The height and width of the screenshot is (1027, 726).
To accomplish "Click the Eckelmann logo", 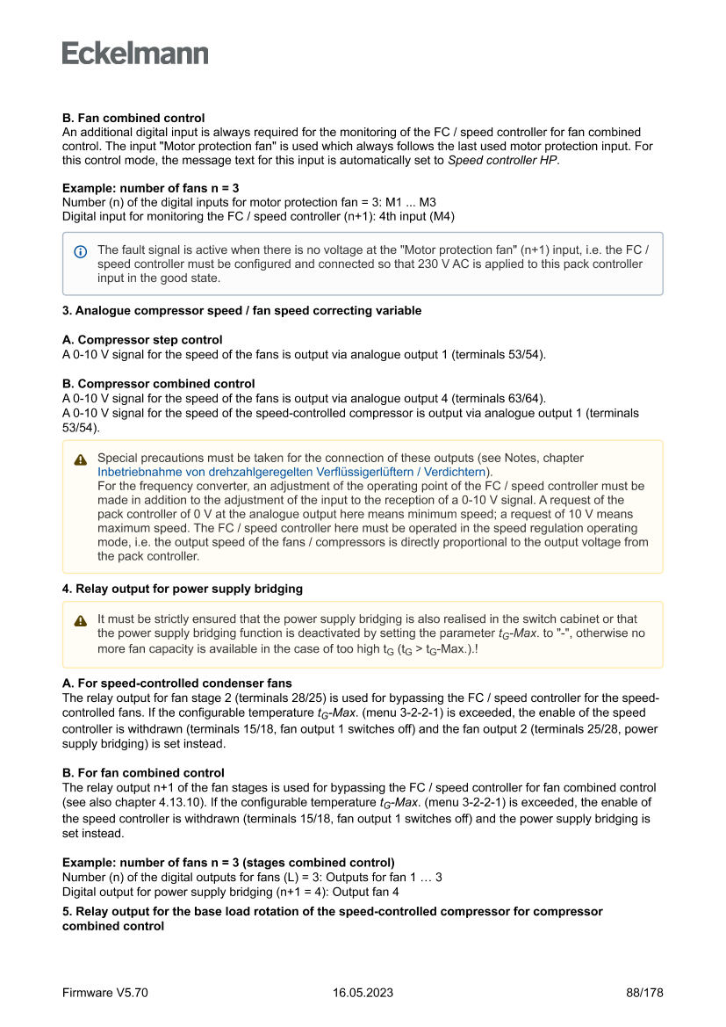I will [135, 53].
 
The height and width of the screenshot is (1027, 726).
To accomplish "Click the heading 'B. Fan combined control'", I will [133, 118].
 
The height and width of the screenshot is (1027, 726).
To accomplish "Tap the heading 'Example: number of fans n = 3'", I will [151, 188].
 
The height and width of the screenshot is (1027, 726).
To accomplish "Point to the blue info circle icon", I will [81, 251].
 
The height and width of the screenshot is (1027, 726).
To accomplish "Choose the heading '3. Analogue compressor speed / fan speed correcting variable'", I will [241, 310].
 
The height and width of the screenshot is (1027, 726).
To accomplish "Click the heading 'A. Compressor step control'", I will [142, 340].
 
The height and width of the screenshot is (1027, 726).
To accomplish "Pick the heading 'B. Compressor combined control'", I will [159, 384].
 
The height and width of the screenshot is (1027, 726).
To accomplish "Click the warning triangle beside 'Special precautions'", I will [81, 459].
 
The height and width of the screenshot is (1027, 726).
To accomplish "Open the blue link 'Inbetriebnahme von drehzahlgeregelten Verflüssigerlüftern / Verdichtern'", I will [291, 472].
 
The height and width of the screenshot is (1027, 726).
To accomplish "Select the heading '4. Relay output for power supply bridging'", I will [183, 589].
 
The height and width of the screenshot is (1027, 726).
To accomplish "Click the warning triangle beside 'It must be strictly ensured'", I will [81, 620].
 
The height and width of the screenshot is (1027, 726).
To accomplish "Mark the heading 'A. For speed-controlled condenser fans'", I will [177, 683].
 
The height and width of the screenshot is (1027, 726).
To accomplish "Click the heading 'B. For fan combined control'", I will [143, 773].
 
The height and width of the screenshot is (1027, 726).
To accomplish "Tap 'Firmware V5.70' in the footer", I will [105, 993].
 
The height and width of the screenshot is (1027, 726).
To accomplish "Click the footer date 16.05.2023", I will [363, 993].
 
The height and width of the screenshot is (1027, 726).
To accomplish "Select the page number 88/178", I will [644, 993].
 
